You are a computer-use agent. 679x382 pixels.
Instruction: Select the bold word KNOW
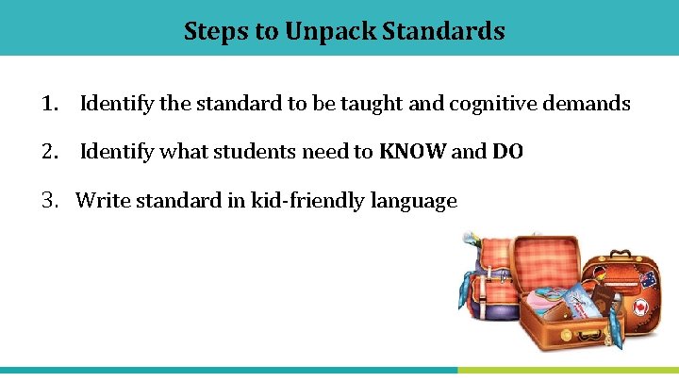pos(412,152)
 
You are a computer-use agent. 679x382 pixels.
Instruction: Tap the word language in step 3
pos(414,200)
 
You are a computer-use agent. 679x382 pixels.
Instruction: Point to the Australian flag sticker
pos(647,279)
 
